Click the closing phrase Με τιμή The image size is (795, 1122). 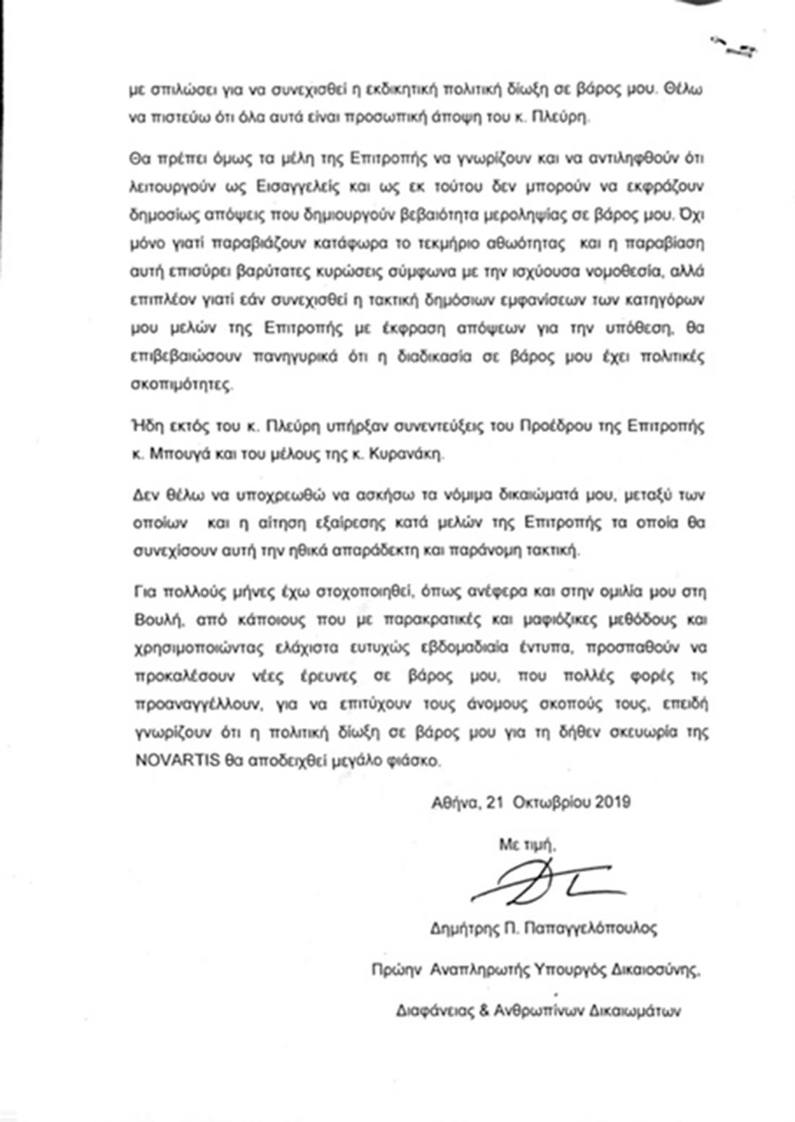(527, 843)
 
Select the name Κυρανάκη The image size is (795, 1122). (416, 454)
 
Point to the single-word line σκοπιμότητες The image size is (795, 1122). (182, 385)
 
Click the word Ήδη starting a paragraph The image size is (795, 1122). (146, 426)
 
